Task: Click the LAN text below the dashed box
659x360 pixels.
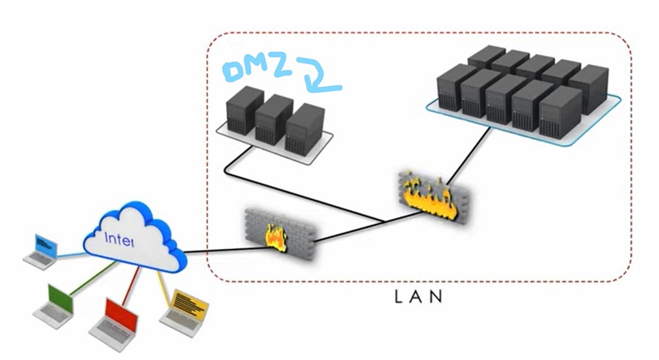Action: click(419, 297)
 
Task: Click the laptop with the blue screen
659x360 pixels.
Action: click(42, 250)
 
